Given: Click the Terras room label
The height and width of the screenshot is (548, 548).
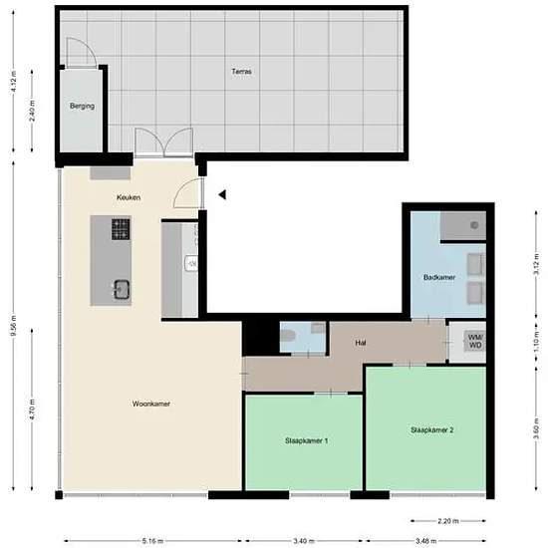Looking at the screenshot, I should pyautogui.click(x=241, y=72).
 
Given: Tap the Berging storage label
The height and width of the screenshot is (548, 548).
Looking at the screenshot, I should pyautogui.click(x=81, y=105).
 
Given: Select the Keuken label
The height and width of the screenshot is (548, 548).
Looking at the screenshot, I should pyautogui.click(x=128, y=197).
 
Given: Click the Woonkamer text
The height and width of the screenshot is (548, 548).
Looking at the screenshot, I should pyautogui.click(x=150, y=404).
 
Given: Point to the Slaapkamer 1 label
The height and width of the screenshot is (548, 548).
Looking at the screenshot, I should pyautogui.click(x=306, y=440).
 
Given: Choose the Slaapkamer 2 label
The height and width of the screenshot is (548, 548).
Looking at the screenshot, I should pyautogui.click(x=431, y=429).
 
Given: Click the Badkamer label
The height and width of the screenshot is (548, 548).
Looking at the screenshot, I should pyautogui.click(x=439, y=277).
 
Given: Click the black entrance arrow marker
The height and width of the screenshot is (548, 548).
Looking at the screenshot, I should pyautogui.click(x=223, y=195).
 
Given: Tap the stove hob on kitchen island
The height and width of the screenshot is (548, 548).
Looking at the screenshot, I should pyautogui.click(x=121, y=230).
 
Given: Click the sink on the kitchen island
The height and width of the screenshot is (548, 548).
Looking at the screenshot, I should pyautogui.click(x=122, y=290).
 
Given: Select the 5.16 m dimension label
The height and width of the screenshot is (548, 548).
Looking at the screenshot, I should pyautogui.click(x=151, y=540).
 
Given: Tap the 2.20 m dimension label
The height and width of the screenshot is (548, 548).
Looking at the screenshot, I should pyautogui.click(x=447, y=520).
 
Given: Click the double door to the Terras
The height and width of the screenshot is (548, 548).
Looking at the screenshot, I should pyautogui.click(x=162, y=144).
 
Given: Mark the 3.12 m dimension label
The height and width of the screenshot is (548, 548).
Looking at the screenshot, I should pyautogui.click(x=535, y=266).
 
